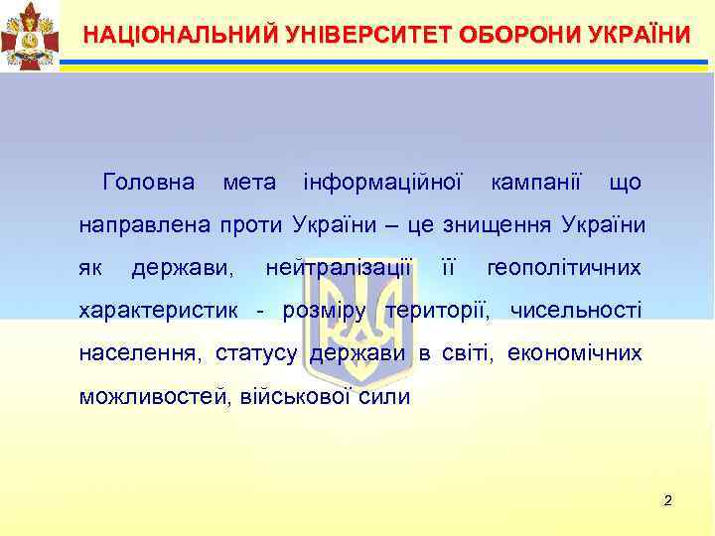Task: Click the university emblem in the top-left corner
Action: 29,35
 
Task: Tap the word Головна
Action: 148,184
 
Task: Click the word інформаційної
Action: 382,184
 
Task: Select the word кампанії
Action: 535,184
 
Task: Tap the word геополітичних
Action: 564,268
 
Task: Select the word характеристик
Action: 158,311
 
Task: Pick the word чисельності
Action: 576,311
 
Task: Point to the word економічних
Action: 574,353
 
